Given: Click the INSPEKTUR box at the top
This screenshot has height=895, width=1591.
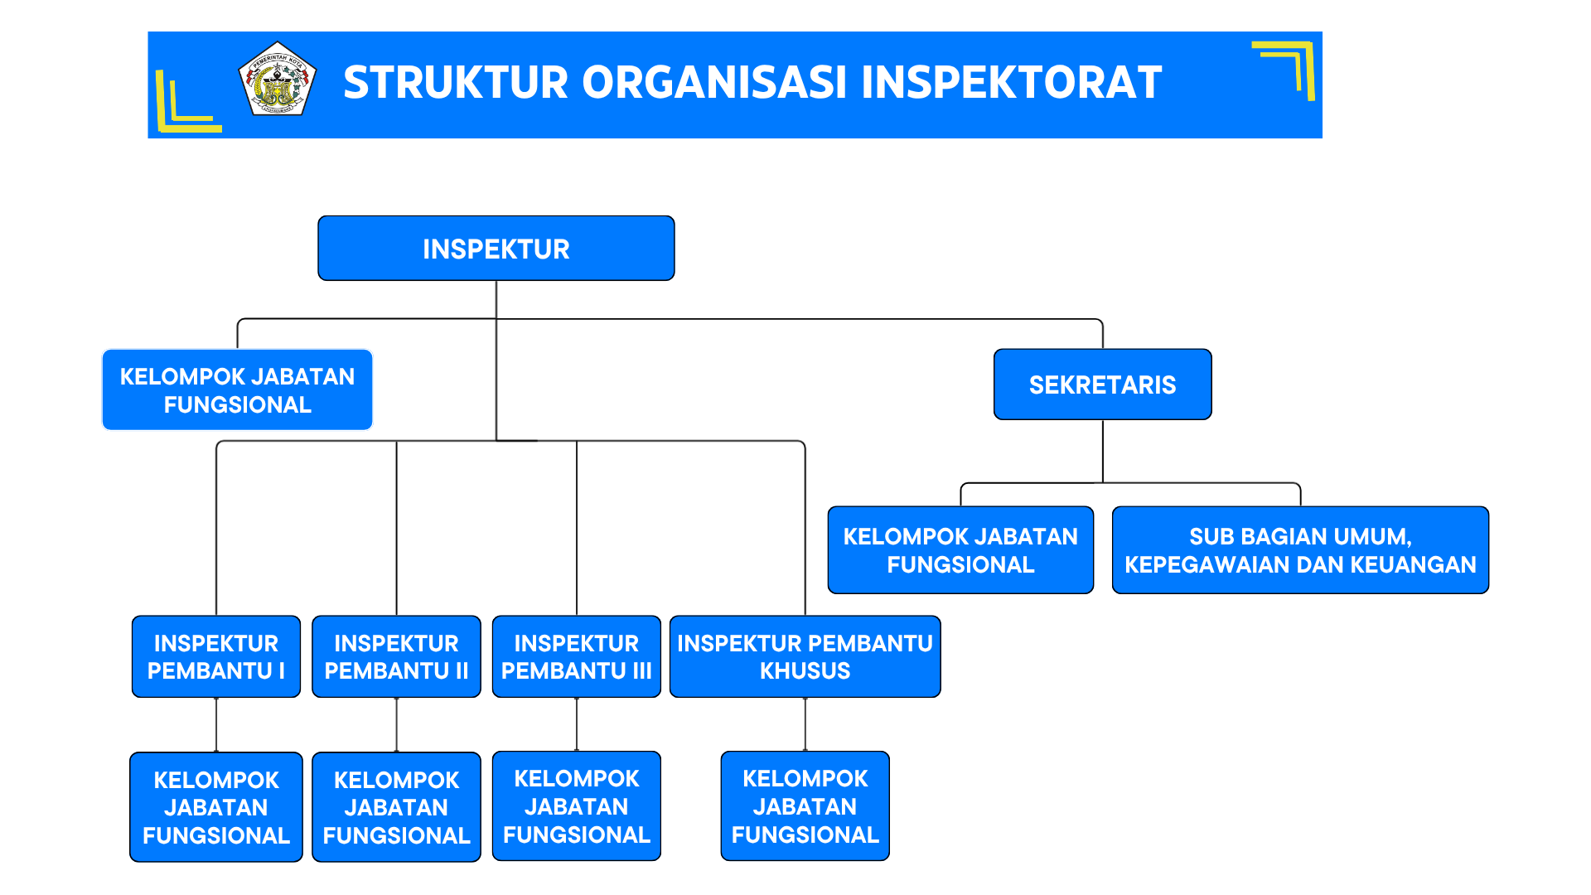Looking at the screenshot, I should click(496, 249).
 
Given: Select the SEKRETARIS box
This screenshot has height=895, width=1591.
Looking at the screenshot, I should click(1102, 385).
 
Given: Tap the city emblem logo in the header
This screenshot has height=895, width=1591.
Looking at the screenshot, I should click(277, 80).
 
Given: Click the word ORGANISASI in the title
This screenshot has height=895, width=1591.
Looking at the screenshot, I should click(714, 83).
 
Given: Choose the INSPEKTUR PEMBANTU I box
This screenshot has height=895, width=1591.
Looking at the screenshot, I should click(215, 656).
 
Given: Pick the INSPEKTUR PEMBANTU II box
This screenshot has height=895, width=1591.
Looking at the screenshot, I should click(396, 656).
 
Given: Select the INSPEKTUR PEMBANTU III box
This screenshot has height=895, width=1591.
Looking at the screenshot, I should click(576, 656).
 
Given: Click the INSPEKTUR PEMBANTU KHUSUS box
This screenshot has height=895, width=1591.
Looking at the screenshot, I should click(805, 656).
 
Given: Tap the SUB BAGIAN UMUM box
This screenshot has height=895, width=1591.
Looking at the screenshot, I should click(1300, 550).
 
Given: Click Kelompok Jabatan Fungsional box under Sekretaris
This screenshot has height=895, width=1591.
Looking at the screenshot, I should click(960, 550).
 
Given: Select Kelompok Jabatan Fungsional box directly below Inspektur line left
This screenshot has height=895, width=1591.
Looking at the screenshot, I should click(237, 390).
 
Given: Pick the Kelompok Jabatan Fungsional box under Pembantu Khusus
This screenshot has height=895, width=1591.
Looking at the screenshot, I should click(805, 806).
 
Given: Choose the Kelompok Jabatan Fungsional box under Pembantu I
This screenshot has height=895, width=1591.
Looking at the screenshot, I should click(215, 807).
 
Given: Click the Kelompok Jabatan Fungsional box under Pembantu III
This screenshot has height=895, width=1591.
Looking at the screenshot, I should click(576, 806).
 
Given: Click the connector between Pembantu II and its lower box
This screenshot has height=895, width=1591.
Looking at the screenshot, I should click(396, 724).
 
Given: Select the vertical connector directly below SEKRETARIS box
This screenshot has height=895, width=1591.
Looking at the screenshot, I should click(1102, 451).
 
